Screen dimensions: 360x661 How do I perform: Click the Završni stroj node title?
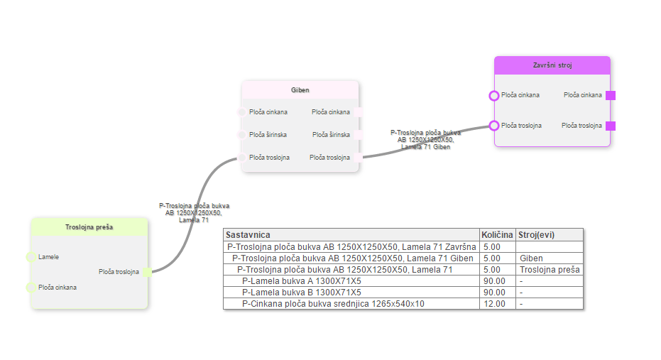coord(552,65)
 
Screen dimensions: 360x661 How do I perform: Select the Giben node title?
coord(300,90)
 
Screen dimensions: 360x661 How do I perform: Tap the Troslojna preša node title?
coord(89,227)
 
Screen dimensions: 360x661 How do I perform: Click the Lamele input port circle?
coord(30,257)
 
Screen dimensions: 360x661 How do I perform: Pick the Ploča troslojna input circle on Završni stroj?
coord(494,126)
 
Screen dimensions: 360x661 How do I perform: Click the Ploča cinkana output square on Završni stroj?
coord(611,95)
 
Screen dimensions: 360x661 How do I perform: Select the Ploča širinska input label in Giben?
coord(268,135)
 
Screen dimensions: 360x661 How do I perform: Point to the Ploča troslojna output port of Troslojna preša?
coord(147,272)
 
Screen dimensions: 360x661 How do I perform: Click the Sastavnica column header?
coord(248,234)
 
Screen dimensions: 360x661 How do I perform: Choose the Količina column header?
coord(497,234)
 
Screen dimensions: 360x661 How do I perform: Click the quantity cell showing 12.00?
coord(494,304)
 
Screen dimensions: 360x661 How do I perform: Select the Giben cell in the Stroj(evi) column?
coord(531,258)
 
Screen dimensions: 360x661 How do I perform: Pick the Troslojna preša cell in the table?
coord(550,270)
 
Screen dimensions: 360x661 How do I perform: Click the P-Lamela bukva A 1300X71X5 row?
coord(301,281)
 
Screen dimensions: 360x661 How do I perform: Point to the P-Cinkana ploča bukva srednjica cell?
coord(333,304)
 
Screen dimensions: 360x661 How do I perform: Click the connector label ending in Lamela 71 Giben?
coord(426,140)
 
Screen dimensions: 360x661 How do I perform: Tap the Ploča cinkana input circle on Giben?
coord(241,112)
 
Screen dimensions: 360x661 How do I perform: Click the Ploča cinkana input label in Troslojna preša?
coord(58,288)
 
